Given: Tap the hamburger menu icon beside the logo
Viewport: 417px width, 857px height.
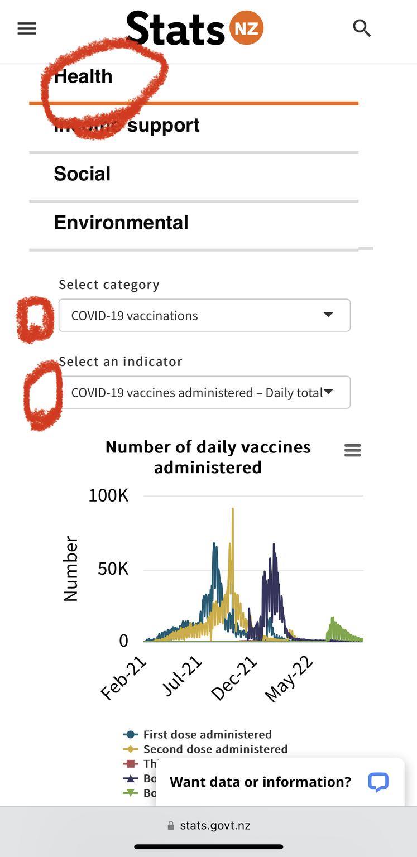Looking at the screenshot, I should pos(26,28).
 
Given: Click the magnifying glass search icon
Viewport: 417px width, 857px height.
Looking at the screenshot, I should pos(362,27).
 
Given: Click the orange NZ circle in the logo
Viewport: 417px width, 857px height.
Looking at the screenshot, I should pos(246,28).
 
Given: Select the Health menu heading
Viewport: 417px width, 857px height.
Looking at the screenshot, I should pos(83,76).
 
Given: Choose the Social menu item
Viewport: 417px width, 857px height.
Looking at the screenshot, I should pos(82,174).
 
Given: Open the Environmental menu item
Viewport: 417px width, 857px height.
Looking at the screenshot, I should pos(121,223).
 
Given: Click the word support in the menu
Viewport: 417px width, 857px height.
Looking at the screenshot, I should pos(163,126).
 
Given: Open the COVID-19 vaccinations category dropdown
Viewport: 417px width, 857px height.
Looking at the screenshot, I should pos(204,315).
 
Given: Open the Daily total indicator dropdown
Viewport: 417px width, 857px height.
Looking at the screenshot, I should pos(204,392).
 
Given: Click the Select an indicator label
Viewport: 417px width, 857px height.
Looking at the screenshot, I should pos(121,362).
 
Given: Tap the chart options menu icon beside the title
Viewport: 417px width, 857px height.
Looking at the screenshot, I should pos(353,450).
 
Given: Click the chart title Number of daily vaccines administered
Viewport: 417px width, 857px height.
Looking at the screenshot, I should pos(208,457).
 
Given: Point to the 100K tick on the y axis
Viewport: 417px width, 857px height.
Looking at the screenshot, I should pos(108,495).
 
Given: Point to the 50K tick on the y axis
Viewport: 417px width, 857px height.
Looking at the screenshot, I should pos(113,569).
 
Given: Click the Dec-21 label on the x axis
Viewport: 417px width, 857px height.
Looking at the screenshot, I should pos(234,678).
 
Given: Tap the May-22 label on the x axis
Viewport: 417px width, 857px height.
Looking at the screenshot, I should pos(289,679).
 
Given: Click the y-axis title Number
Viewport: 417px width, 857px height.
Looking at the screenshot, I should pos(71,569).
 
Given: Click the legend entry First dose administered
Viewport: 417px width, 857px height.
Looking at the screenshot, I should pos(207,735).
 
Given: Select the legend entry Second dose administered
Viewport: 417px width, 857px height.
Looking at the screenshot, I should pos(215,749).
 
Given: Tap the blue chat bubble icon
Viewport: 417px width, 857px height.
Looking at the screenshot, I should pos(378,782).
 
